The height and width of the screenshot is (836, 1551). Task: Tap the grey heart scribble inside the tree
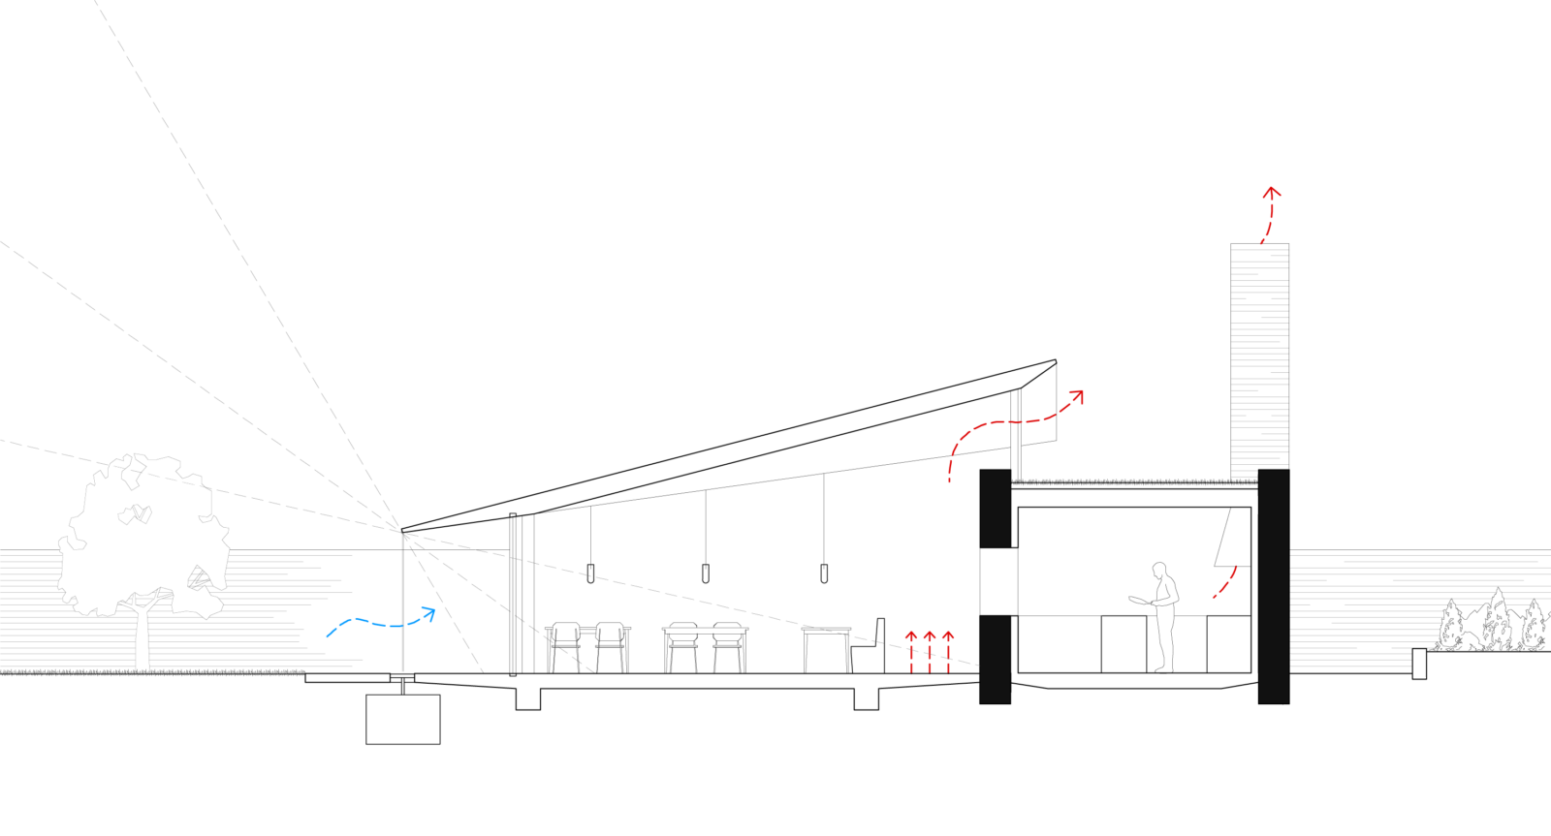pos(136,514)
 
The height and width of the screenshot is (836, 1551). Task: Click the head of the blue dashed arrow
pos(431,612)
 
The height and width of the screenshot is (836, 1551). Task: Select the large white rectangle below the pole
pos(402,719)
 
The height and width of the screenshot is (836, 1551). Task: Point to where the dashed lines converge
pos(403,533)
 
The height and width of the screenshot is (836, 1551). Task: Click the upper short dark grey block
pos(995,509)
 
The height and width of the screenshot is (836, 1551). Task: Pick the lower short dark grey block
pos(995,659)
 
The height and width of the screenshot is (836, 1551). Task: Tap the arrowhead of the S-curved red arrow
pos(1078,394)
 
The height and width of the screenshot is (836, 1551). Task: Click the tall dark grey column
pos(1273,586)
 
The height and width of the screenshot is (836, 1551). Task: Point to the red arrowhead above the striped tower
pos(1272,192)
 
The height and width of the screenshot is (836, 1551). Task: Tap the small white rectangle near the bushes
pos(1419,664)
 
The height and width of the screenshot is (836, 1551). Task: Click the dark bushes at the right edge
pos(1493,625)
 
